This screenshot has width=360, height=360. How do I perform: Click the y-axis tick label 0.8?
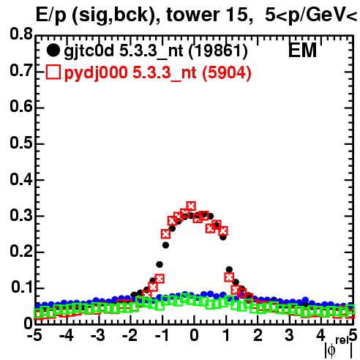pos(21,34)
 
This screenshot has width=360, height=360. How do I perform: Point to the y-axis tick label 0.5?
pos(21,143)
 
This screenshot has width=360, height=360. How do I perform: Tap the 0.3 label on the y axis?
pos(21,215)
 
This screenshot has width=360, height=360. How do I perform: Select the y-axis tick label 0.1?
pos(22,288)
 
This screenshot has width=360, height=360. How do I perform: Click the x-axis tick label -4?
pos(66,335)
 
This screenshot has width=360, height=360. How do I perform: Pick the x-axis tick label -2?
pos(130,335)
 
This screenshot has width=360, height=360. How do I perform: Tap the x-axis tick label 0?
pos(194,335)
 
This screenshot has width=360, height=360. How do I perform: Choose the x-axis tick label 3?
pos(289,335)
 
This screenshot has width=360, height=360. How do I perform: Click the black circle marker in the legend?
pos(53,50)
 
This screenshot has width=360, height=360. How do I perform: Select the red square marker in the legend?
pos(53,72)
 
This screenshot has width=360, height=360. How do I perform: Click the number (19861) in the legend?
pos(218,51)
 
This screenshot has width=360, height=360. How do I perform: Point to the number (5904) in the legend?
pos(227,72)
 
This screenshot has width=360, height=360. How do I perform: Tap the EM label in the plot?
pos(302,50)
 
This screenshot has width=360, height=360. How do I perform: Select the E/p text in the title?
pos(51,15)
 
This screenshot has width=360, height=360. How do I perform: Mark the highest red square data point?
pos(191,206)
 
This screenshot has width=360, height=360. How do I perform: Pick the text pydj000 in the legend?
pos(96,73)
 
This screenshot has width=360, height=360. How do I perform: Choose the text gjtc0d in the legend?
pos(89,51)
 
